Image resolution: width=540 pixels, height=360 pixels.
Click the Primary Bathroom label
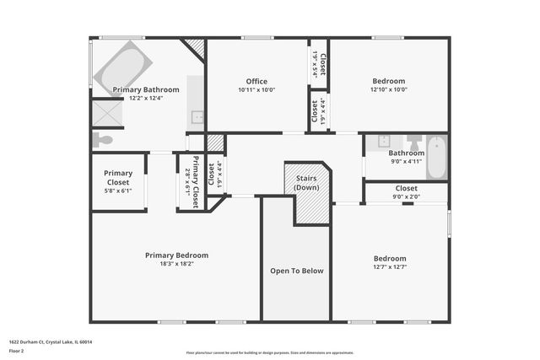[x=146, y=89]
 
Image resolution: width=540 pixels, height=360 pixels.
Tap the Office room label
[x=256, y=82]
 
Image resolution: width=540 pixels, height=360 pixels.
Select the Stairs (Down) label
[x=306, y=182]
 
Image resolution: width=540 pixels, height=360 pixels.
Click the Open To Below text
[x=296, y=271]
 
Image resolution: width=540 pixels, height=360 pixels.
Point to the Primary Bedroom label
[x=176, y=255]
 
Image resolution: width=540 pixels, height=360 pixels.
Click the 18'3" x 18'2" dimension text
[x=176, y=263]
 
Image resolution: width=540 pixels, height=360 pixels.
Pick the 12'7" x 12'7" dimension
[x=390, y=267]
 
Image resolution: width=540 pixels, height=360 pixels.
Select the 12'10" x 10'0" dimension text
[x=388, y=89]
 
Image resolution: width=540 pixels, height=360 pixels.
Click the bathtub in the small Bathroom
[x=435, y=159]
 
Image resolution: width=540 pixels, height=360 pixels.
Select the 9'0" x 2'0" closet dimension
[x=406, y=197]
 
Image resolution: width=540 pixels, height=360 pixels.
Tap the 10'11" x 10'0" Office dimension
[x=256, y=90]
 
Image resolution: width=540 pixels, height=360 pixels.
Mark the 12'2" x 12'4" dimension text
[x=146, y=98]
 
